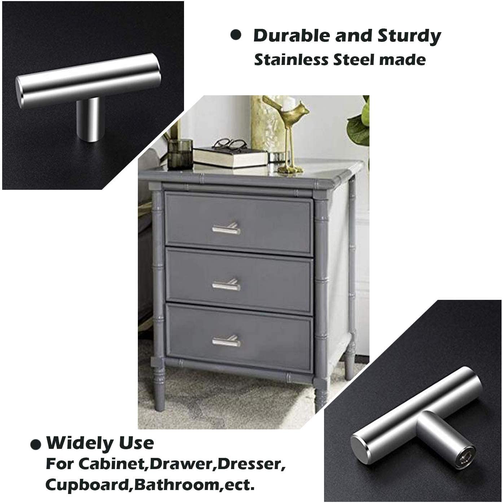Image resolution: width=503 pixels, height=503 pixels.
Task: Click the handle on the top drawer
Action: tap(226, 229)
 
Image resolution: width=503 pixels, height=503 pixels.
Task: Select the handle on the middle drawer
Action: tap(226, 285)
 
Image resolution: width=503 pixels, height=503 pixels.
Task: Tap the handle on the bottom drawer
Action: tap(226, 341)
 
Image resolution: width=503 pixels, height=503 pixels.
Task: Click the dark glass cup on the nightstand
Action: tap(180, 154)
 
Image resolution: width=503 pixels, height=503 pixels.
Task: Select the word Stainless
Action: tap(291, 60)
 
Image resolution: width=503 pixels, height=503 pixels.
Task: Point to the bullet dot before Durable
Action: tap(236, 35)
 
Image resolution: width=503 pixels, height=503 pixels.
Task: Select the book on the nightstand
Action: tap(231, 157)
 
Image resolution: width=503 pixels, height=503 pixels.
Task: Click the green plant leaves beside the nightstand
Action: tap(359, 123)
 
